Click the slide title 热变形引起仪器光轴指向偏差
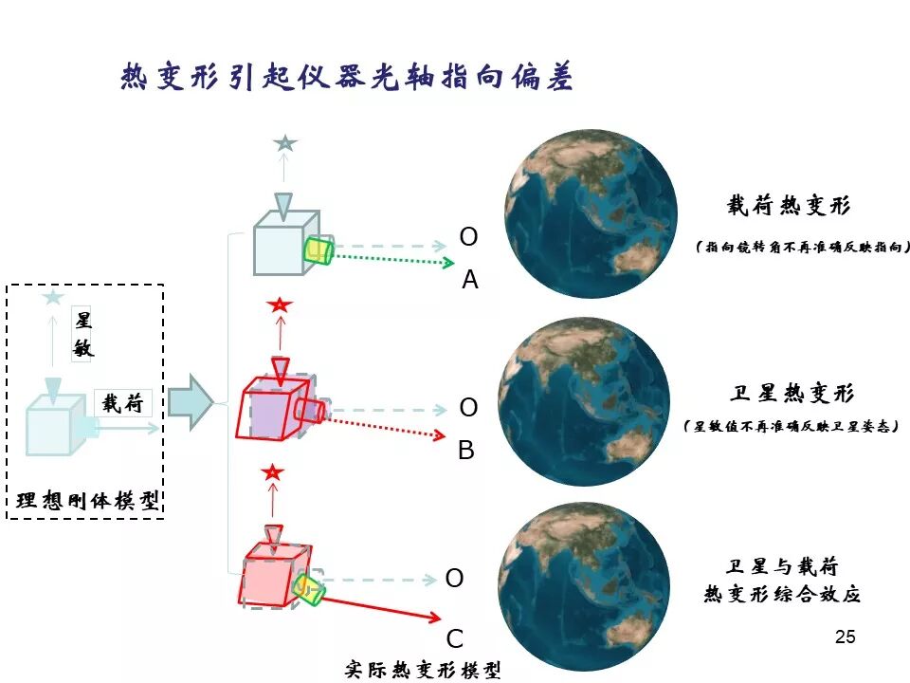pos(347,76)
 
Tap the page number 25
pos(846,637)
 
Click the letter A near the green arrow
pos(470,280)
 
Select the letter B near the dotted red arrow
pos(466,451)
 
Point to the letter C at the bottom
pos(455,637)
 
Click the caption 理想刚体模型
pos(87,500)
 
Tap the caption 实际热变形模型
pos(422,669)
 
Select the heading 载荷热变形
pos(789,206)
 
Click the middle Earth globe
pos(584,402)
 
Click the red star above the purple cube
pos(279,305)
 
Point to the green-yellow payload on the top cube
pos(318,251)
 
